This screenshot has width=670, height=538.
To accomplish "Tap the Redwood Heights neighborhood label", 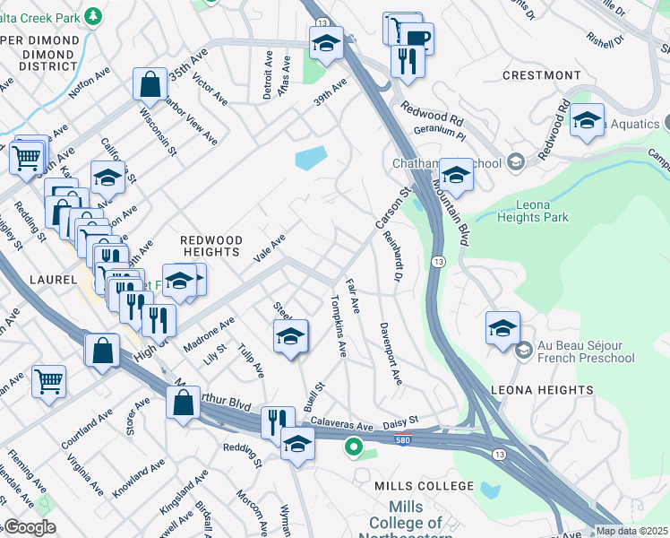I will click(x=211, y=247).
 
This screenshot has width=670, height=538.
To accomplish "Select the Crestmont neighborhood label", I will click(x=542, y=76).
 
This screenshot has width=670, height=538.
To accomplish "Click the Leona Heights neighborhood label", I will click(x=542, y=390).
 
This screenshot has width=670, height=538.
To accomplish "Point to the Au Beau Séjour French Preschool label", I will click(x=586, y=352).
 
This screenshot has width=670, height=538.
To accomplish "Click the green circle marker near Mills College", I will click(x=355, y=445).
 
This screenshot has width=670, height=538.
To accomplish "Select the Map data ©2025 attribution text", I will click(x=631, y=531).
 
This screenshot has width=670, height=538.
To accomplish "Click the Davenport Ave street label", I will click(x=390, y=353).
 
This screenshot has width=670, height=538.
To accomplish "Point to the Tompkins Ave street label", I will click(x=339, y=325).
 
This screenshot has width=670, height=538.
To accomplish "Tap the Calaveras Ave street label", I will click(x=340, y=422).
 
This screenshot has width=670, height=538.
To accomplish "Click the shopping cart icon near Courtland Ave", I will click(x=48, y=380).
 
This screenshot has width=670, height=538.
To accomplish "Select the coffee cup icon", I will click(x=417, y=38).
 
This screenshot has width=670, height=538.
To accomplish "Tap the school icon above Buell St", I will click(x=290, y=336).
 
